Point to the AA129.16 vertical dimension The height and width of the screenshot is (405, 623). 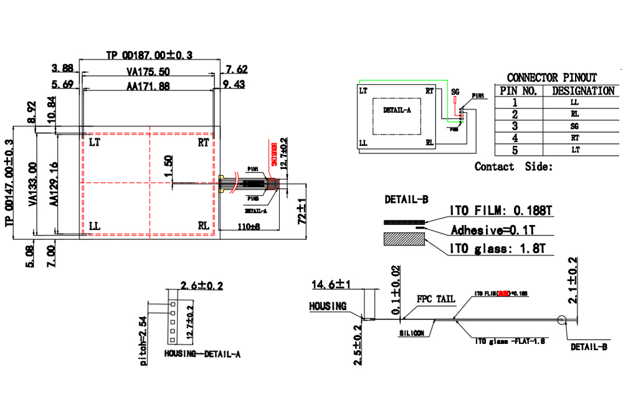coord(54,184)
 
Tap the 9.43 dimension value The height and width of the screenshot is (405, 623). coord(234,84)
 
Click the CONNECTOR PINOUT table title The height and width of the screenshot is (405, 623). coord(551,78)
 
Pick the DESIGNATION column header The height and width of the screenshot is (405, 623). coord(583,90)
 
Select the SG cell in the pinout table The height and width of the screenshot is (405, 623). coord(574,126)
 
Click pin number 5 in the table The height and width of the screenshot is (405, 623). coord(515,150)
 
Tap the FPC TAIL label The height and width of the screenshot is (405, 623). coord(436,299)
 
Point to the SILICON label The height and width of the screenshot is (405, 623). coord(412,333)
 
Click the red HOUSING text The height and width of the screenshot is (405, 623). coord(273,153)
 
